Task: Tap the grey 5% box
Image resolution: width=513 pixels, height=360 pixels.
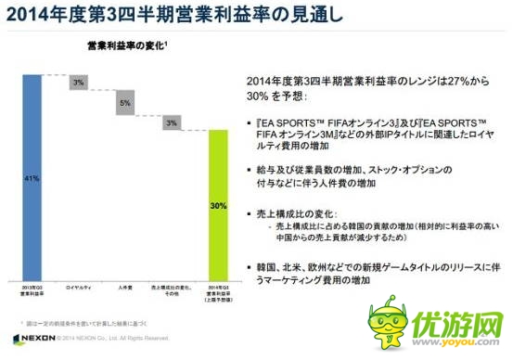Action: (124, 104)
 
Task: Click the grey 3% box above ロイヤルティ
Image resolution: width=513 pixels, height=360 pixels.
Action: (78, 83)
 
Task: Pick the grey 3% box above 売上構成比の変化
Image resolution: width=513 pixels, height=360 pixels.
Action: (170, 122)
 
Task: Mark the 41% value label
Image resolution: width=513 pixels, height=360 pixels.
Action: (30, 176)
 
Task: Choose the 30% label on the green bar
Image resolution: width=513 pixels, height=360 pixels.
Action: (216, 204)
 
